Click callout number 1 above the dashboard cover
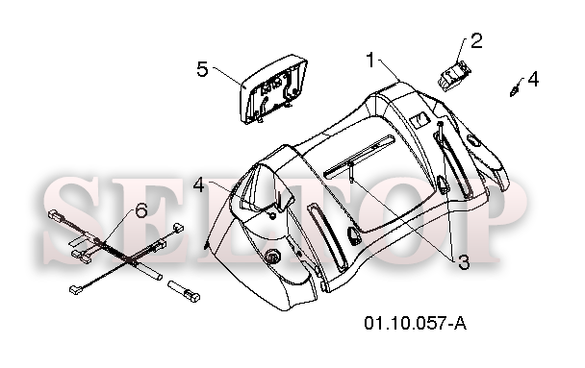370,60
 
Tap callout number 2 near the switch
476,40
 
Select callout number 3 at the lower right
463,262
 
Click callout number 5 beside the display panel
202,69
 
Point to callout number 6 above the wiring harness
141,211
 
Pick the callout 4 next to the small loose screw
533,79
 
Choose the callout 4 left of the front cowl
199,184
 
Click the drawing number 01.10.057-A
416,323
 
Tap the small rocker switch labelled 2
453,76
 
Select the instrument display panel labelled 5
273,89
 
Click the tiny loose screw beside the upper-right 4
515,89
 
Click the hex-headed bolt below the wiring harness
184,291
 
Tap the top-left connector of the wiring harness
56,215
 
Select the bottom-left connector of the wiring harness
76,289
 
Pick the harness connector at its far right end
178,227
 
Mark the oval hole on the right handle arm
473,141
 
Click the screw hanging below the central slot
352,172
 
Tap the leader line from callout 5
228,76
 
